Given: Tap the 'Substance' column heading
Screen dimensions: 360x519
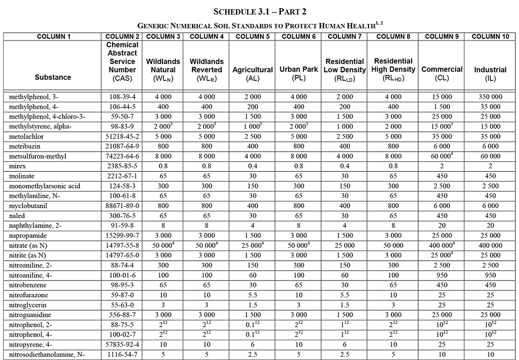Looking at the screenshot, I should tap(53, 77).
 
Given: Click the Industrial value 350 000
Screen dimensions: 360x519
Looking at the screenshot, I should tap(490, 97).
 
